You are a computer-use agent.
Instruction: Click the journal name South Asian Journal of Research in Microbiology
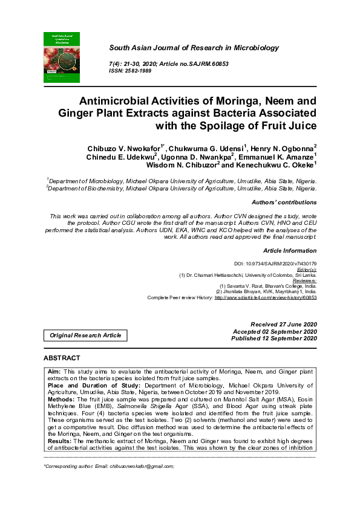[x=194, y=47]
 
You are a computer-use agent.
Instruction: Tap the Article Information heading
[x=290, y=250]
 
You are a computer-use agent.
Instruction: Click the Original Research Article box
[x=85, y=335]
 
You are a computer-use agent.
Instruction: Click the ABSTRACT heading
[x=62, y=358]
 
